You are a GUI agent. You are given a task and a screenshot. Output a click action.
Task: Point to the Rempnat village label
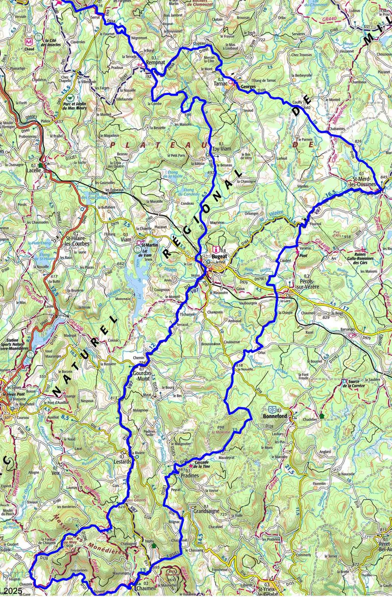point(155,62)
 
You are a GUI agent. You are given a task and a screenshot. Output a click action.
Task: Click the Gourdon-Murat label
point(140,375)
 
